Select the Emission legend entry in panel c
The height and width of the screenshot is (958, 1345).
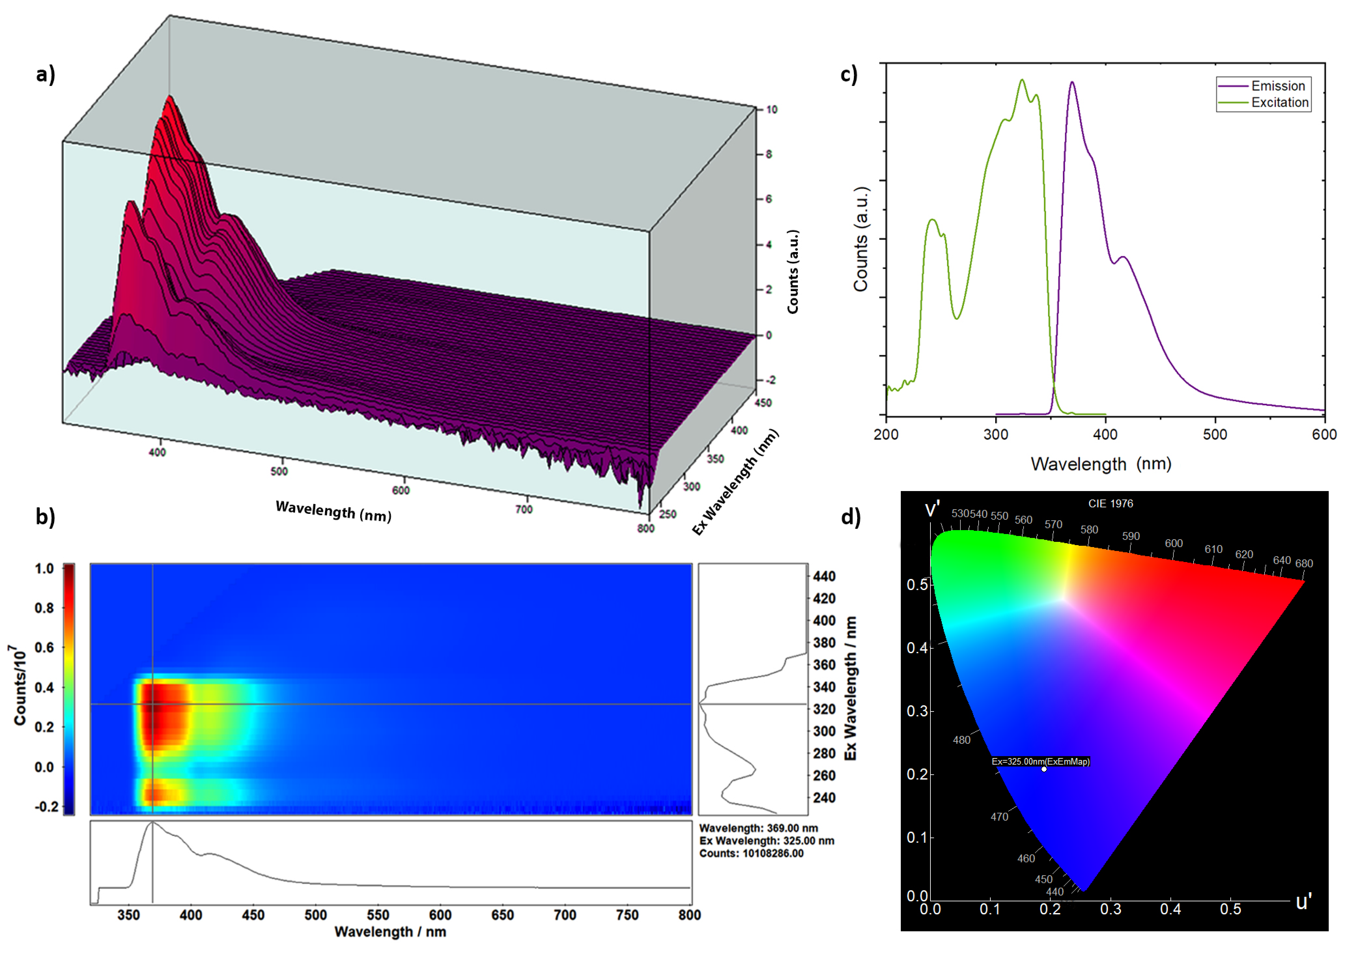click(1278, 86)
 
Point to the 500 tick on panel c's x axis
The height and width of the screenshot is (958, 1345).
click(1215, 435)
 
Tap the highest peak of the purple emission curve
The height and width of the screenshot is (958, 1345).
click(1072, 83)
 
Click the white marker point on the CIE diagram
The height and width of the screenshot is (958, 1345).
click(1044, 769)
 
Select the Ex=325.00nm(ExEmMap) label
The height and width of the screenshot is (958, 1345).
click(1041, 762)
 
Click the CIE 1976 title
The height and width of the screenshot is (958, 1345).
click(1110, 504)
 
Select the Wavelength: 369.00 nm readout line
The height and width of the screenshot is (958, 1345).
click(758, 828)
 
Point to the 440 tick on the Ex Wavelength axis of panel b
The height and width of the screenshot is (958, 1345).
click(824, 576)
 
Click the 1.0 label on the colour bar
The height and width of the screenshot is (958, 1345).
click(44, 569)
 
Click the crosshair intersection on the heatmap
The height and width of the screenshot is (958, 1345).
click(153, 704)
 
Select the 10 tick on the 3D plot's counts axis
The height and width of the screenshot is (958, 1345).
click(772, 110)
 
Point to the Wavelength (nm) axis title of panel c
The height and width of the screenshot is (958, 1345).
click(1101, 464)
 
